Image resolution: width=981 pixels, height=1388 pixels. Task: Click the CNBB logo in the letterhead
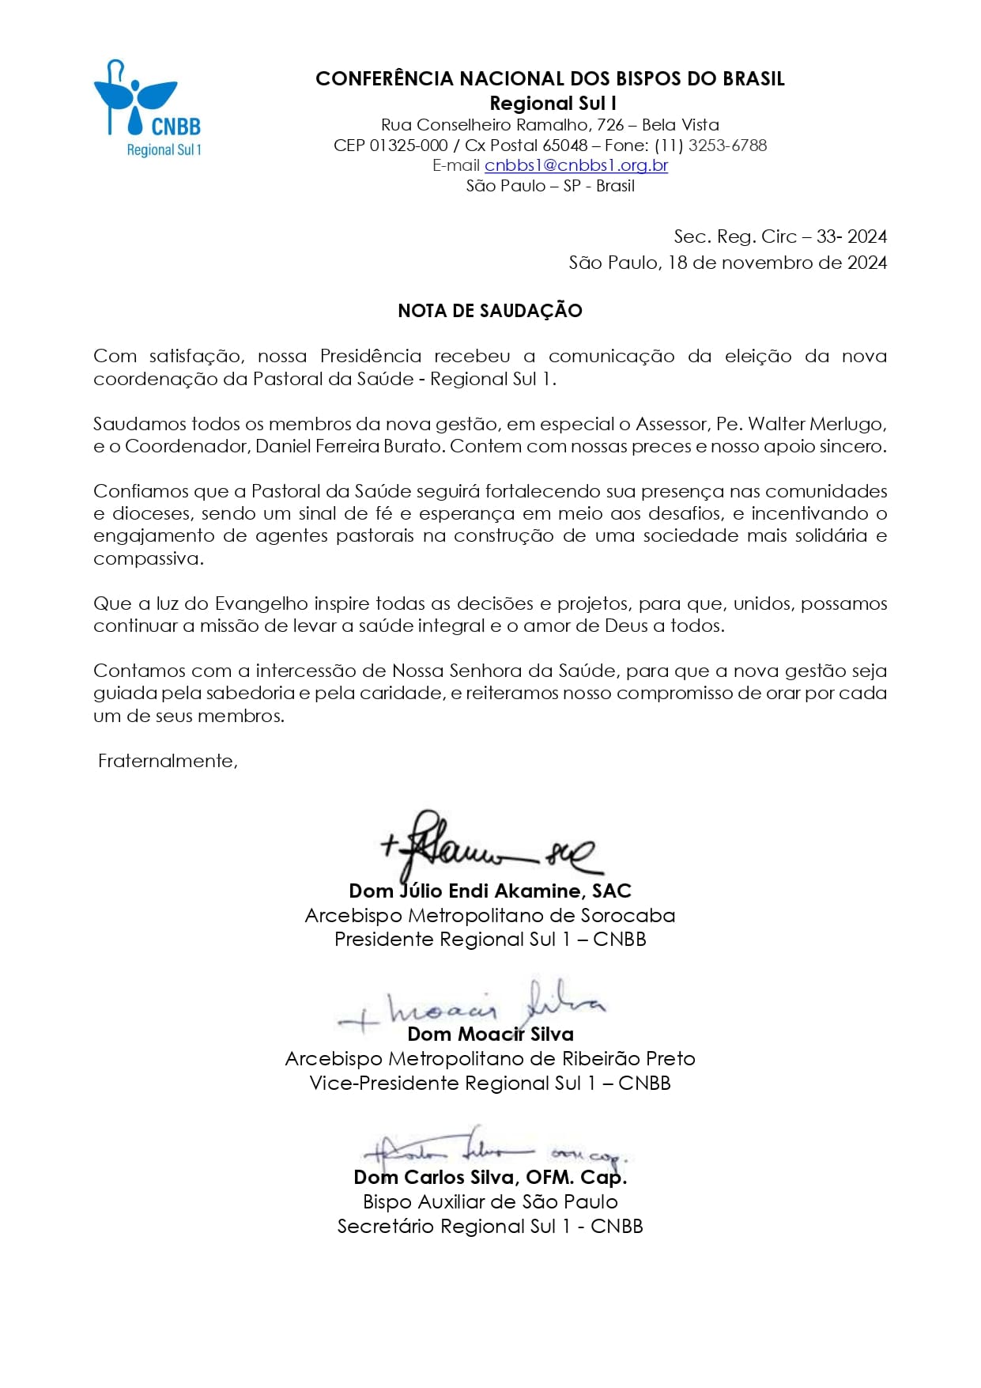pyautogui.click(x=148, y=108)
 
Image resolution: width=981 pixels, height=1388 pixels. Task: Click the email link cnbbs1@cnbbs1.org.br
pyautogui.click(x=576, y=165)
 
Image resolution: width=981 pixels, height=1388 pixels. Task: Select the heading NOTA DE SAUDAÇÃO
pyautogui.click(x=490, y=311)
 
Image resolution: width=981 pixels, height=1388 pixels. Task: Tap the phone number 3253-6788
pyautogui.click(x=727, y=146)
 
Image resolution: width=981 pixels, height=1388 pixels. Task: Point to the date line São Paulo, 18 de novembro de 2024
pyautogui.click(x=727, y=263)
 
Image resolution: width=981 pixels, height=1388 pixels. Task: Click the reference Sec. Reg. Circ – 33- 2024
pyautogui.click(x=780, y=236)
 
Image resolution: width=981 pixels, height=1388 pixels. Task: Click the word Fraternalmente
pyautogui.click(x=168, y=761)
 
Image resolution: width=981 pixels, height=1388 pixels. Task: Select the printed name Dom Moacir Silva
pyautogui.click(x=490, y=1034)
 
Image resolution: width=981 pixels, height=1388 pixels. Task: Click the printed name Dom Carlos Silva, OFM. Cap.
pyautogui.click(x=490, y=1178)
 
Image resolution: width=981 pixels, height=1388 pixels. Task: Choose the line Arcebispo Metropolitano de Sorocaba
pyautogui.click(x=490, y=916)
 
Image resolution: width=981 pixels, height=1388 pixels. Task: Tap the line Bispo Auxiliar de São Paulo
pyautogui.click(x=490, y=1202)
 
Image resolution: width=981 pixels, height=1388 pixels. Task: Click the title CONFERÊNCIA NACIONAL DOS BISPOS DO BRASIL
pyautogui.click(x=549, y=79)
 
